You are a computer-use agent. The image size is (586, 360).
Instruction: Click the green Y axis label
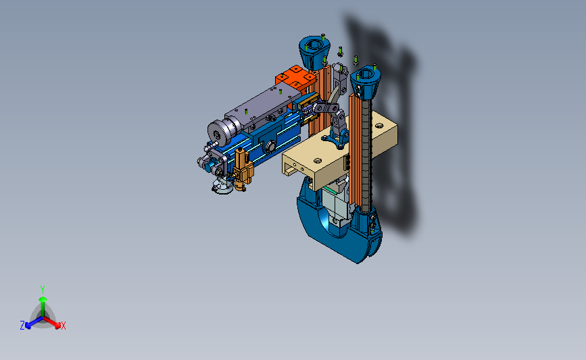point(43,290)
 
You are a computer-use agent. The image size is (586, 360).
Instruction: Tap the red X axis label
point(63,326)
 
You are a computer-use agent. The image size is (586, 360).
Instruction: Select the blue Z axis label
point(22,326)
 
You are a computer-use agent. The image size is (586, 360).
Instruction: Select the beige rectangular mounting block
point(340,151)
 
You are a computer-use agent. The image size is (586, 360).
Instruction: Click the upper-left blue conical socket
point(314,52)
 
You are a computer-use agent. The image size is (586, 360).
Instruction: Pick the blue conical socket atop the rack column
point(365,82)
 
